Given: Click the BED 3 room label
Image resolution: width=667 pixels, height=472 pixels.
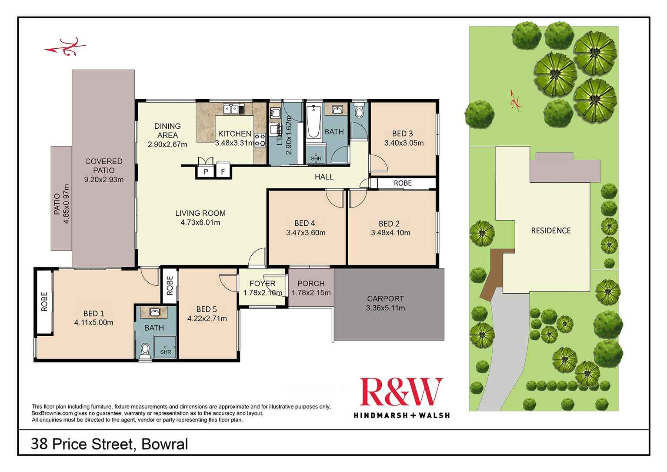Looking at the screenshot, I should click(402, 134).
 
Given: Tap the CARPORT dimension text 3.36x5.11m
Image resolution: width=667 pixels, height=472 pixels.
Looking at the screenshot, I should click(385, 308).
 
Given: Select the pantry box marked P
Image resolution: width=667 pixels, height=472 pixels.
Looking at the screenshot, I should click(206, 171).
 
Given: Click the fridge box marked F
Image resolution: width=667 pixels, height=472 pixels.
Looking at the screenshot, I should click(223, 171).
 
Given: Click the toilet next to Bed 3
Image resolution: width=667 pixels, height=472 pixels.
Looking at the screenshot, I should click(359, 111).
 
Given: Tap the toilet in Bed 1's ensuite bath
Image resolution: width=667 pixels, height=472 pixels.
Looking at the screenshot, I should click(145, 349).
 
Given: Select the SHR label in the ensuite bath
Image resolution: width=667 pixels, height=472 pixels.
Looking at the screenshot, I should click(166, 352).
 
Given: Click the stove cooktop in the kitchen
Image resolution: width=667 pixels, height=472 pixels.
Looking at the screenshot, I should click(260, 140).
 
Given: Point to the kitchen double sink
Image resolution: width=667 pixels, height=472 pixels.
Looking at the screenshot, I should click(232, 109).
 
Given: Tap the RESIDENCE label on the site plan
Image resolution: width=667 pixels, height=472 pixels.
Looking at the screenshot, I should click(550, 231).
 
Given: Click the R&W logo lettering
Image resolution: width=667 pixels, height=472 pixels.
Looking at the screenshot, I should click(400, 392).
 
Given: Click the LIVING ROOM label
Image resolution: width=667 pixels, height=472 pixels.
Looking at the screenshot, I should click(200, 213).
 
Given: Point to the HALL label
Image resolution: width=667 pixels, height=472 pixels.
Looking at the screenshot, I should click(324, 177).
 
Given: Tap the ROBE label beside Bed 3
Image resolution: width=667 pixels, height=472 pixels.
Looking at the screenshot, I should click(403, 183).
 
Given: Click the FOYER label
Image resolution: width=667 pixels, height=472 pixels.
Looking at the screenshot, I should click(262, 284).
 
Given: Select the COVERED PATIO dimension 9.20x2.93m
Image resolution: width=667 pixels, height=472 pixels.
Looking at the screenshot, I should click(103, 179).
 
